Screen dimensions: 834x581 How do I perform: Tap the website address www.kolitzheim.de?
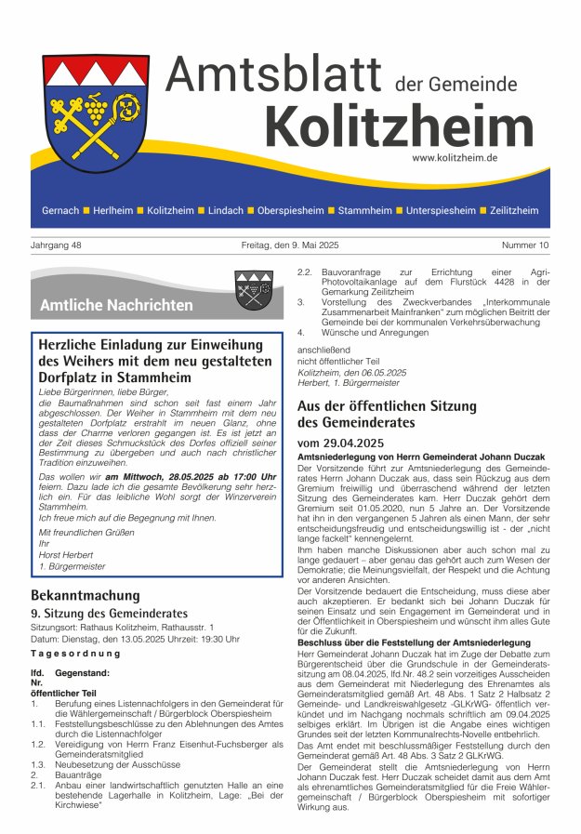[481, 158]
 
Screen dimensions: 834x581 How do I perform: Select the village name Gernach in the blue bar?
[60, 211]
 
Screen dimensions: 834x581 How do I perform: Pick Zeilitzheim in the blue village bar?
[514, 211]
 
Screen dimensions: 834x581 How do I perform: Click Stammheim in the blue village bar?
[364, 211]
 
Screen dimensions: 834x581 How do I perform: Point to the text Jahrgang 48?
[56, 245]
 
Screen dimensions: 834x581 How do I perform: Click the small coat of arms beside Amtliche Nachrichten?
[253, 290]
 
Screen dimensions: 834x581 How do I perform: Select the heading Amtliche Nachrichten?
[116, 305]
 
